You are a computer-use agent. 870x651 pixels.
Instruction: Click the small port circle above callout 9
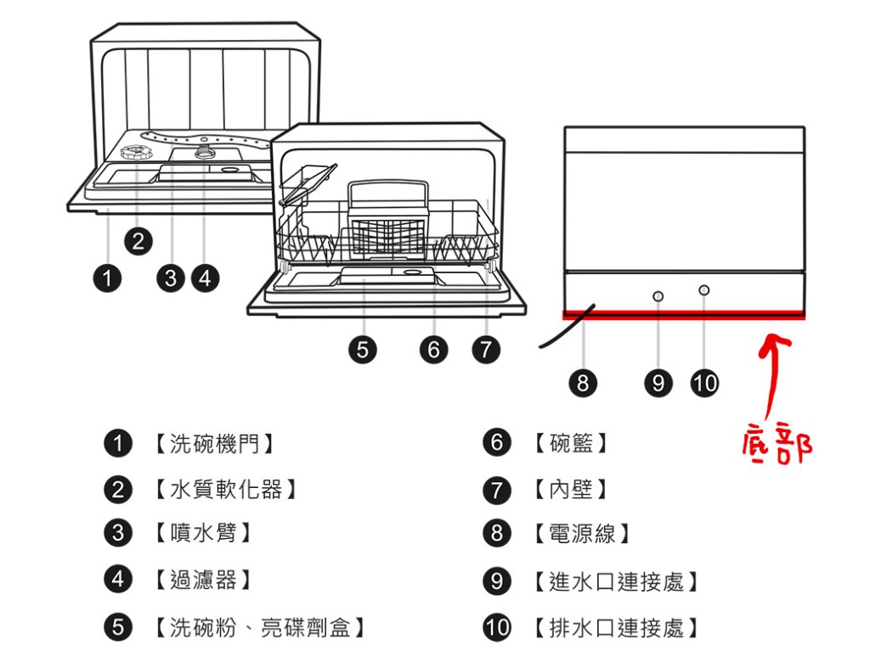click(x=658, y=295)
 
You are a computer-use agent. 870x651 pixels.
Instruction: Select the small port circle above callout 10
click(x=703, y=291)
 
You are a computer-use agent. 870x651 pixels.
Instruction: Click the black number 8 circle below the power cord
click(x=582, y=384)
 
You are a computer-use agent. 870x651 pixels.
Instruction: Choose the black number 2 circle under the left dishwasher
click(x=138, y=242)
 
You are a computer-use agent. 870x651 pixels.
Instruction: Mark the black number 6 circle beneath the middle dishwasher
click(x=433, y=349)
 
